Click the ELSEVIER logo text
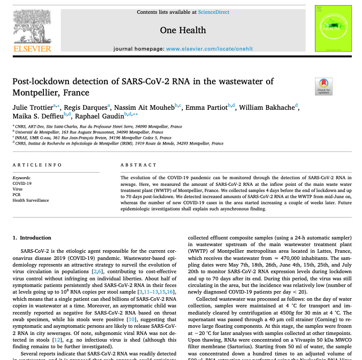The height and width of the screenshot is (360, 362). pos(31,49)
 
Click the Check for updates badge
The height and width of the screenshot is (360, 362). pos(324,86)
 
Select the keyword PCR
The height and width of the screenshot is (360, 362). pos(16,195)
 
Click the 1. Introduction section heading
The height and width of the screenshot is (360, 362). pos(32,237)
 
